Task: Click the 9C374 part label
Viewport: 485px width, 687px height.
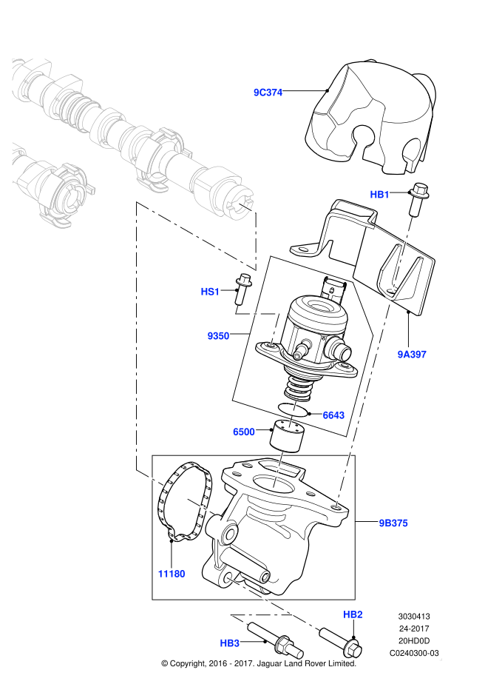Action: (x=268, y=93)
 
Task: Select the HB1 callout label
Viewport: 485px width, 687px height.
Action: (x=379, y=195)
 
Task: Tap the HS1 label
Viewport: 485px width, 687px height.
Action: (x=211, y=292)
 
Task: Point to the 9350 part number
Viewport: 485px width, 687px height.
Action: (x=218, y=335)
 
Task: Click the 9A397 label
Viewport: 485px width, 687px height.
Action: (x=411, y=355)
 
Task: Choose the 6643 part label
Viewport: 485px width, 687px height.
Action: (x=333, y=415)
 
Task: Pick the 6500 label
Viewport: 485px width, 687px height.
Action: (x=243, y=432)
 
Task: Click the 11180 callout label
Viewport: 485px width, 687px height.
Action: (x=171, y=574)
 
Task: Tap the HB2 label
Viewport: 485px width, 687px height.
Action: (x=353, y=614)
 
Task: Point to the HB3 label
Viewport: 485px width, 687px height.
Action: (x=230, y=643)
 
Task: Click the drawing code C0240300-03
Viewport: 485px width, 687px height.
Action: (x=414, y=654)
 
